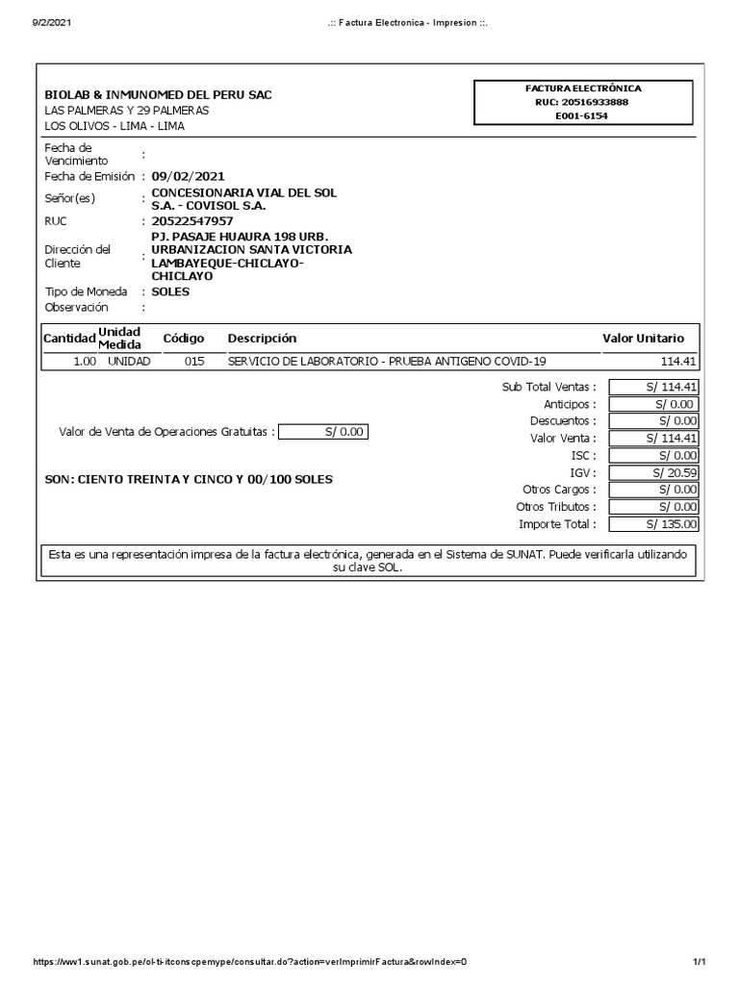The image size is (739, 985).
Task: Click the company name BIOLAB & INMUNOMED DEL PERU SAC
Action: click(159, 95)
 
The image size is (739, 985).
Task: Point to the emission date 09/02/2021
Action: click(188, 176)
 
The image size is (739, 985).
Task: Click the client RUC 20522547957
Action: click(192, 220)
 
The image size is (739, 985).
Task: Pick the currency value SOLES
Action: click(170, 291)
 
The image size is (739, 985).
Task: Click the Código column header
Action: click(184, 339)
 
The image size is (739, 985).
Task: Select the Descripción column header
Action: click(262, 339)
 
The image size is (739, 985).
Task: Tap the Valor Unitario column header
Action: click(643, 339)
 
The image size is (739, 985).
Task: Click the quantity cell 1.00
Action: click(84, 362)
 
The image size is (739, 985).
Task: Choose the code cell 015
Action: click(193, 362)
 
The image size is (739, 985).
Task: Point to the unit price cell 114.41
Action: click(678, 362)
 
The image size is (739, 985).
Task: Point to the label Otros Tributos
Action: click(555, 507)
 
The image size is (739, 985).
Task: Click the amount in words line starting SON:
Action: click(189, 479)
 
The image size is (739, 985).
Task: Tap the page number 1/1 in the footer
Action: click(700, 963)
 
